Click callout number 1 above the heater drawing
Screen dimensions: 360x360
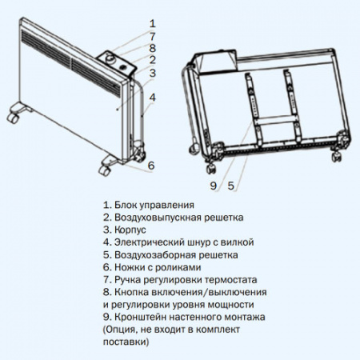pos(152,23)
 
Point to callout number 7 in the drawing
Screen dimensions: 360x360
pos(152,36)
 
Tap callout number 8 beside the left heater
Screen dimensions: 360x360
pos(152,48)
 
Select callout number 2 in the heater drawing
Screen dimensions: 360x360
pos(152,60)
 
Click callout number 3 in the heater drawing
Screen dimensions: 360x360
pos(152,74)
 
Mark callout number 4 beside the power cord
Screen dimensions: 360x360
pos(152,98)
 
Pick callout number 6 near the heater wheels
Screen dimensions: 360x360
pos(151,166)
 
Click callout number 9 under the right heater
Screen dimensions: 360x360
pos(214,186)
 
